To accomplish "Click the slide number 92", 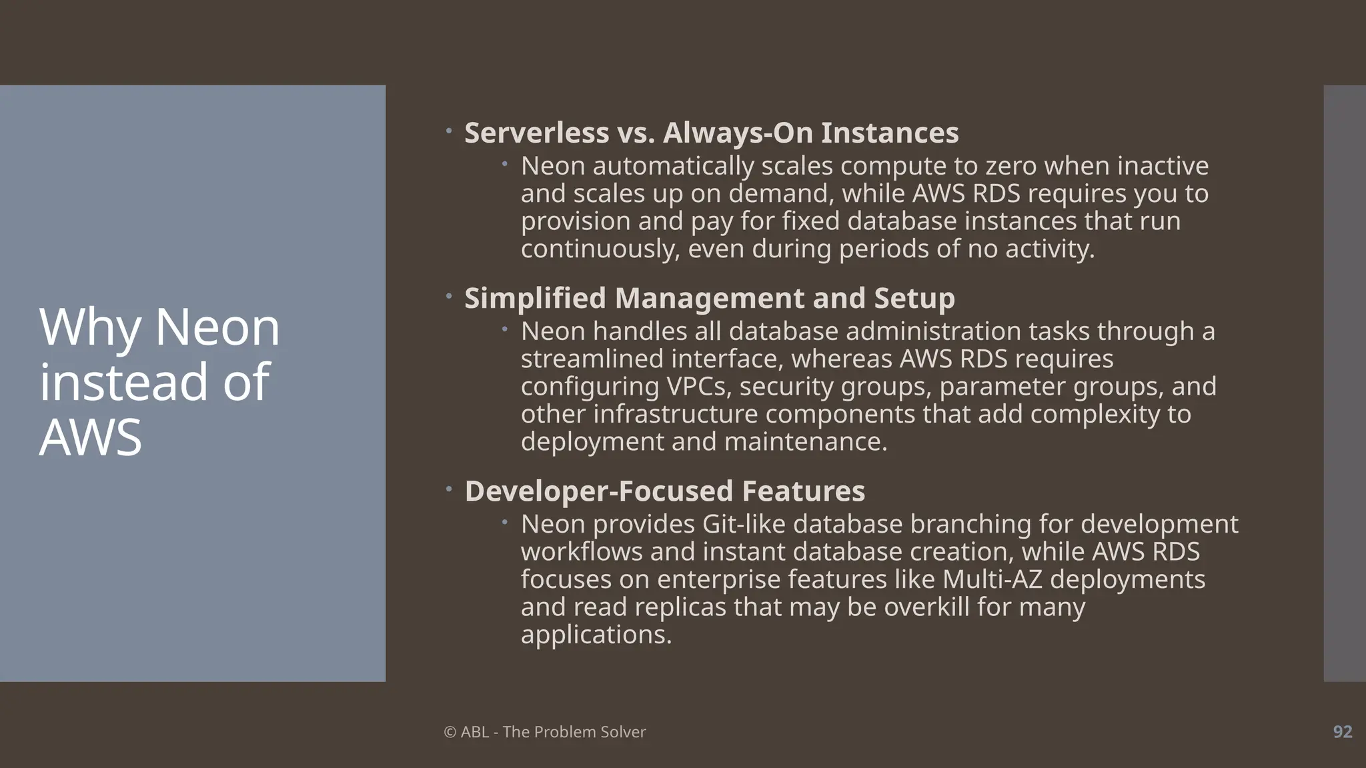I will click(1342, 731).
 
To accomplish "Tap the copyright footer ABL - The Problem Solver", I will click(544, 731).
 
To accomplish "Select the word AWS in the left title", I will click(91, 437).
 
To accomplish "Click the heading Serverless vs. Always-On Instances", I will click(711, 133).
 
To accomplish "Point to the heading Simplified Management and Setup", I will click(709, 298).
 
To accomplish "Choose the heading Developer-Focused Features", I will click(664, 491).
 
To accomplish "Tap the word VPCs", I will click(699, 386).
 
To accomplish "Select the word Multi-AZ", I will click(992, 579).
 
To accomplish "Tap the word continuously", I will click(600, 249).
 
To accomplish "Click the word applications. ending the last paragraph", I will click(596, 634).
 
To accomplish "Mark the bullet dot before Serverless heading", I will click(449, 131).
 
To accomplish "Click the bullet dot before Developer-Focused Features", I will click(449, 489).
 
